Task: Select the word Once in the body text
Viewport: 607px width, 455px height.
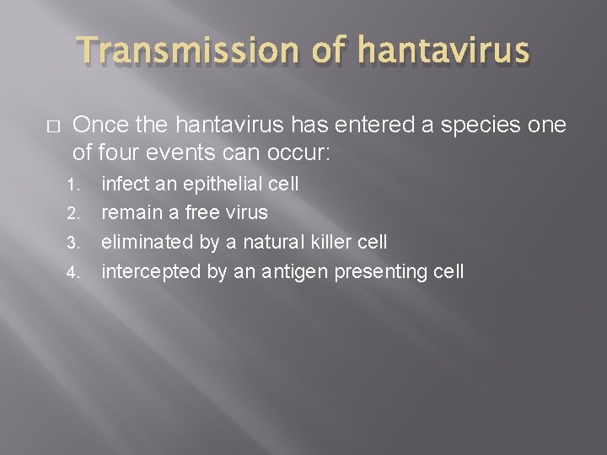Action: pos(99,125)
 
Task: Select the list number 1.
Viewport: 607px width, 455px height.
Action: pos(73,183)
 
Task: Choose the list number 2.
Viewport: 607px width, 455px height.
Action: pos(73,213)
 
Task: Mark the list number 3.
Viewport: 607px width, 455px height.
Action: pos(73,244)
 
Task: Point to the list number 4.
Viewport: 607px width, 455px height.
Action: pos(73,273)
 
